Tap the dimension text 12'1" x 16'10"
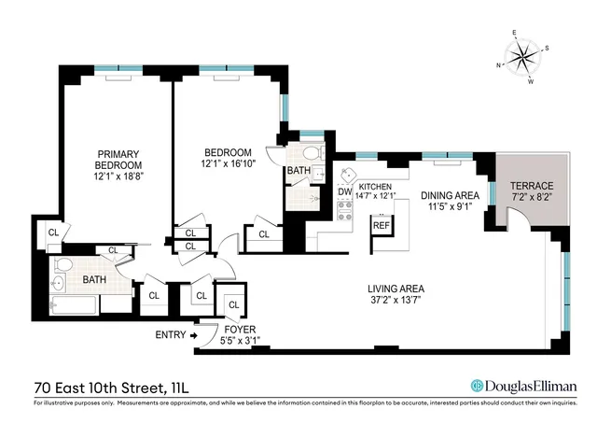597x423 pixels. (x=229, y=165)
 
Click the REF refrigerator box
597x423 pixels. (x=381, y=226)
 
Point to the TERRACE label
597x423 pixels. (x=531, y=186)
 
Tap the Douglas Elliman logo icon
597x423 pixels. (x=477, y=385)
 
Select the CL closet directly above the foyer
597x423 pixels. (x=233, y=304)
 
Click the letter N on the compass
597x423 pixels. (x=500, y=65)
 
